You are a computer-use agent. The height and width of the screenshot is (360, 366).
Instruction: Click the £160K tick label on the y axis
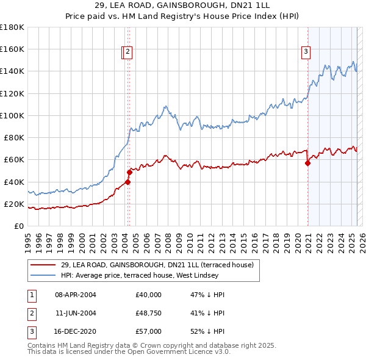(x=12, y=49)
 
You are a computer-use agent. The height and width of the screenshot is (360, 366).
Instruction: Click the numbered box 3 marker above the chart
(x=305, y=52)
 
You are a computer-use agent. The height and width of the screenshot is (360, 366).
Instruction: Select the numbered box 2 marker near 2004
(x=128, y=52)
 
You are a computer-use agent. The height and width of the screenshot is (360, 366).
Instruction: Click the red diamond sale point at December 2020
(x=307, y=163)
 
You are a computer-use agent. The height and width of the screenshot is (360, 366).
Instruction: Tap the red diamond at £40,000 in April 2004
(x=128, y=181)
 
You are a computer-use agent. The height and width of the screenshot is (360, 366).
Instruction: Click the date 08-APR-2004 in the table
(x=76, y=295)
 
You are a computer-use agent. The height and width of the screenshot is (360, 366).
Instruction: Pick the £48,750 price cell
(x=149, y=313)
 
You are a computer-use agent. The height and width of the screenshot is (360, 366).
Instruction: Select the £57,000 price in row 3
(x=149, y=331)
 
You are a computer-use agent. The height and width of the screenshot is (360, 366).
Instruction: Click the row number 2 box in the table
(x=31, y=313)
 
